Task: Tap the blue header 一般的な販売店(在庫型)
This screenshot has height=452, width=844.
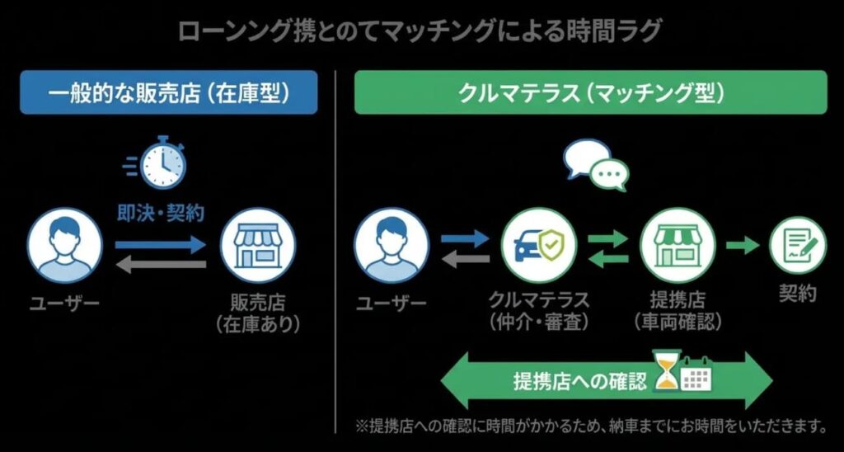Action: pyautogui.click(x=169, y=92)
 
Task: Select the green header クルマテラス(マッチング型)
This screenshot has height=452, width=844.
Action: pyautogui.click(x=590, y=92)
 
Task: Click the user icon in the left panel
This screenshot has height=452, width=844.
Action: pyautogui.click(x=64, y=246)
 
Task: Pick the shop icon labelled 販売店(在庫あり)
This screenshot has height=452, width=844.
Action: pyautogui.click(x=258, y=246)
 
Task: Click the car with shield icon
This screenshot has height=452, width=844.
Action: pyautogui.click(x=539, y=245)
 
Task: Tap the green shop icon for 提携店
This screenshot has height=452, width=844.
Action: pyautogui.click(x=677, y=245)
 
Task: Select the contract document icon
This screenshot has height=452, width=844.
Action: pyautogui.click(x=797, y=245)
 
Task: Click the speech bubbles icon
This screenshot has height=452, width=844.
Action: pyautogui.click(x=596, y=164)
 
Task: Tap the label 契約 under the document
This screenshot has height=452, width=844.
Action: pyautogui.click(x=797, y=294)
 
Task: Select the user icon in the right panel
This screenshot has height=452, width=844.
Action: pyautogui.click(x=392, y=246)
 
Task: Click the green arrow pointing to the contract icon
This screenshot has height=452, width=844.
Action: pyautogui.click(x=742, y=245)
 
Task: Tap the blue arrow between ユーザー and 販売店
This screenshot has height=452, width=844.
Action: pyautogui.click(x=160, y=244)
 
